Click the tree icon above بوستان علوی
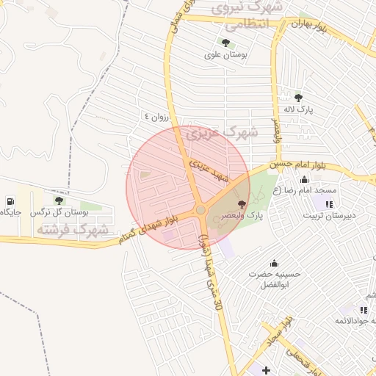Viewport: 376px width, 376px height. click(224, 43)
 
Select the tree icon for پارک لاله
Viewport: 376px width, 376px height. click(298, 98)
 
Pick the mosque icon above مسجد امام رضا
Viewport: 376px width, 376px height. click(305, 180)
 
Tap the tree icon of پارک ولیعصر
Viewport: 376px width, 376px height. click(242, 204)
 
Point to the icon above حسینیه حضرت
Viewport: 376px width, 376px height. click(275, 264)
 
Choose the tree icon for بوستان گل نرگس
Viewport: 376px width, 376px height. click(59, 200)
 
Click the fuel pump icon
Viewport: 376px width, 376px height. click(10, 202)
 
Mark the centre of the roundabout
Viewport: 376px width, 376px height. click(200, 211)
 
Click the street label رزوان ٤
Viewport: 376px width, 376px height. click(156, 116)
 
